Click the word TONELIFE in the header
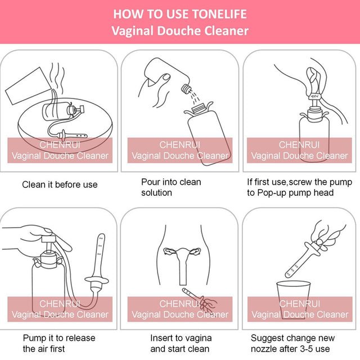point(219,14)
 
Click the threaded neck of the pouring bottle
point(186,89)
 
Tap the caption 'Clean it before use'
point(60,184)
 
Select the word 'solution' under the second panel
point(156,192)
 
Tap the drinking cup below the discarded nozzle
point(293,299)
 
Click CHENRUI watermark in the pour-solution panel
point(180,145)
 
